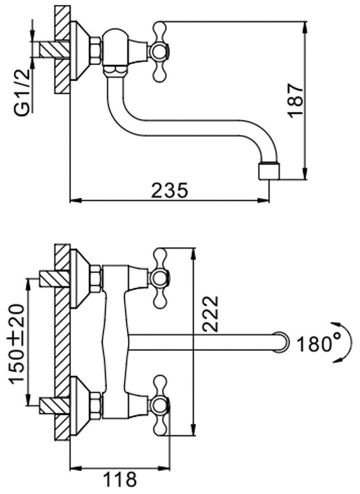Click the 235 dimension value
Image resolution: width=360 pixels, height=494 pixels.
click(169, 191)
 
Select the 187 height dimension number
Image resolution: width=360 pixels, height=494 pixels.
click(296, 100)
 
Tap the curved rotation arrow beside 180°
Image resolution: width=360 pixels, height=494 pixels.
click(340, 342)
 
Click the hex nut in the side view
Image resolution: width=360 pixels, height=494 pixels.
click(96, 51)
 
